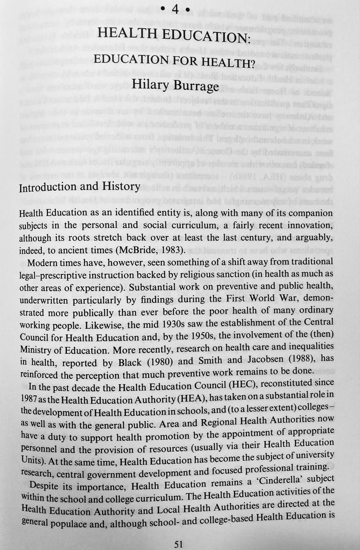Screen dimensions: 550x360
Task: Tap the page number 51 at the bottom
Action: click(179, 544)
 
